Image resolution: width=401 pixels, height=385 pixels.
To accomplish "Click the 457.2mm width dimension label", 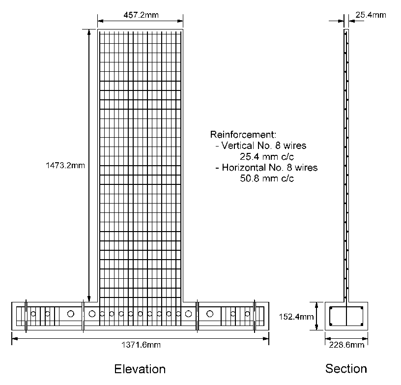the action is pos(141,15).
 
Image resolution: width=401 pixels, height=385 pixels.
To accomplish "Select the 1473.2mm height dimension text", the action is pos(65,165).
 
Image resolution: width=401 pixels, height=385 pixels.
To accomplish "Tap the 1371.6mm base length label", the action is pos(141,345).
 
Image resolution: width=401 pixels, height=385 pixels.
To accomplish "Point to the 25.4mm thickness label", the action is pos(371,15).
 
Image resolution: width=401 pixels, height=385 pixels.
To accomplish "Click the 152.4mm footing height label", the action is pos(296,317).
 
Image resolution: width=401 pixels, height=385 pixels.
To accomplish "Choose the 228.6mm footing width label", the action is pos(346,345).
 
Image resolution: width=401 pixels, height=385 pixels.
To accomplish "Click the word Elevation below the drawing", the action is pos(140,369).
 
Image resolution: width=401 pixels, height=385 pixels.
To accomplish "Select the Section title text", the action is pos(346,369).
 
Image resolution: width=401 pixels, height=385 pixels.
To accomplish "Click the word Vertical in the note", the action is pos(237,146).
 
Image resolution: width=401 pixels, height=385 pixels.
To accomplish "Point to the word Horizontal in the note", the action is pos(244,167).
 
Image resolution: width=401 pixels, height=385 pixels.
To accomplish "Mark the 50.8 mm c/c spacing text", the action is pos(267,178).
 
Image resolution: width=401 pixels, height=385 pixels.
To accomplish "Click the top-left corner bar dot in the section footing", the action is pos(331,308).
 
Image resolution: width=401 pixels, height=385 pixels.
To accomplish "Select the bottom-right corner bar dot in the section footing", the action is pos(362,325).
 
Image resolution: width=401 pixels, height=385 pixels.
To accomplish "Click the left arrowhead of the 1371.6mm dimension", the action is pos(15,339).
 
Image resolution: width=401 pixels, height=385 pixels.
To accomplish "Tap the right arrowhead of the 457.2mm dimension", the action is pos(180,21).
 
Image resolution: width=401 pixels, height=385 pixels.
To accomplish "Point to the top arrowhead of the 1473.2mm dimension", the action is pos(89,32).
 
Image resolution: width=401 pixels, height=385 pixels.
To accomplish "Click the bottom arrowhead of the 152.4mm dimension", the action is pos(316,327).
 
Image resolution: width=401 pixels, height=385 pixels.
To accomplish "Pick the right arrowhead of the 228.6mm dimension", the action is pos(365,339).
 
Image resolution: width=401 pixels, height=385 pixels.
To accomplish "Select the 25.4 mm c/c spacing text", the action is pos(267,156).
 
